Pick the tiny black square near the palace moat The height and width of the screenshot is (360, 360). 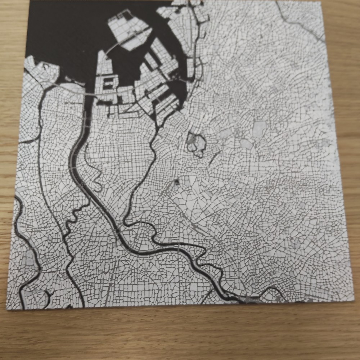[177, 182]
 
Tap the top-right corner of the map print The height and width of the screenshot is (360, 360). [320, 2]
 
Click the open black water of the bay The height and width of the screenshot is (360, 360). [65, 29]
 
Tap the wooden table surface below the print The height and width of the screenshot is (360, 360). [180, 335]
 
